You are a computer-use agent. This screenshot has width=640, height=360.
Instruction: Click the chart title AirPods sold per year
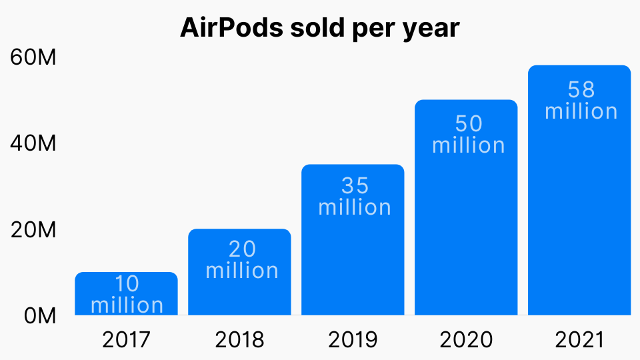320,27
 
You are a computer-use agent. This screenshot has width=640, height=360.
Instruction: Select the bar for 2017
126,293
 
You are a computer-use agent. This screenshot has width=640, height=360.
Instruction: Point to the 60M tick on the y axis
33,58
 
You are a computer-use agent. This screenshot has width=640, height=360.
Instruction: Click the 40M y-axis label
33,144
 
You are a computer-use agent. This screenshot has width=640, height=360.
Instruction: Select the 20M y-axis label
33,230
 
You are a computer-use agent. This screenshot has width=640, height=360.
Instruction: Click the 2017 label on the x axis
126,340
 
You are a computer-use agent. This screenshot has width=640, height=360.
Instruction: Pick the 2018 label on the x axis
239,340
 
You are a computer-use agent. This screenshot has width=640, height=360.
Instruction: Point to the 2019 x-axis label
353,340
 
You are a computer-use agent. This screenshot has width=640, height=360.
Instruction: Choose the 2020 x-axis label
466,340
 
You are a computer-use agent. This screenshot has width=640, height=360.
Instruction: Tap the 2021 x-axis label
579,340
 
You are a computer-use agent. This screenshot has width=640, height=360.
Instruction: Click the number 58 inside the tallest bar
581,89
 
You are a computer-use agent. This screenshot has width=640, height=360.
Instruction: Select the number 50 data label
468,124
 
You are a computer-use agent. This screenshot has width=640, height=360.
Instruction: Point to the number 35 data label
355,185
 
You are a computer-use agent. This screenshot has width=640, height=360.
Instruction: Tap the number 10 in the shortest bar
127,284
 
